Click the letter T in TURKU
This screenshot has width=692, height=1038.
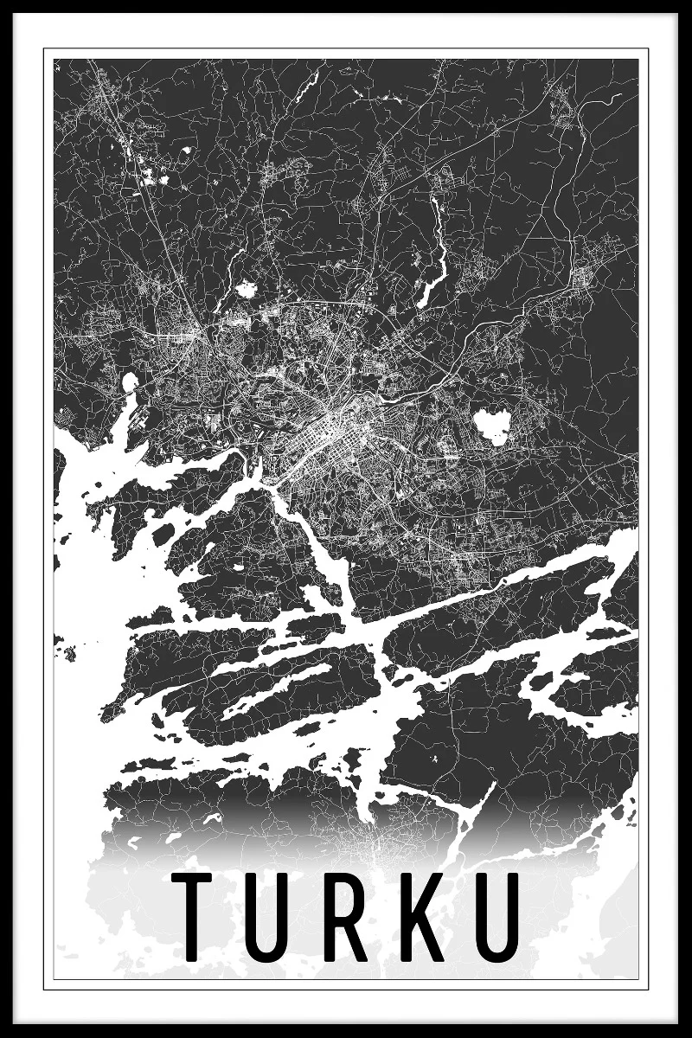click(x=191, y=918)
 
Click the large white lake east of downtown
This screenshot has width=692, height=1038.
click(x=491, y=426)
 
